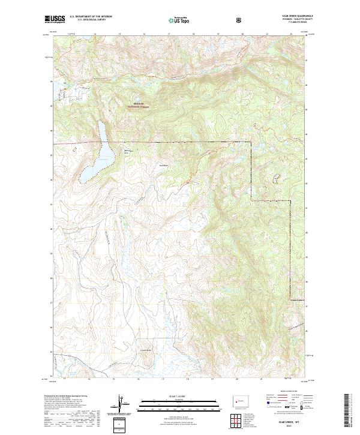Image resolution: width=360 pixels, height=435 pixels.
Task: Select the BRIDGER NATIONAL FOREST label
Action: (139, 106)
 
